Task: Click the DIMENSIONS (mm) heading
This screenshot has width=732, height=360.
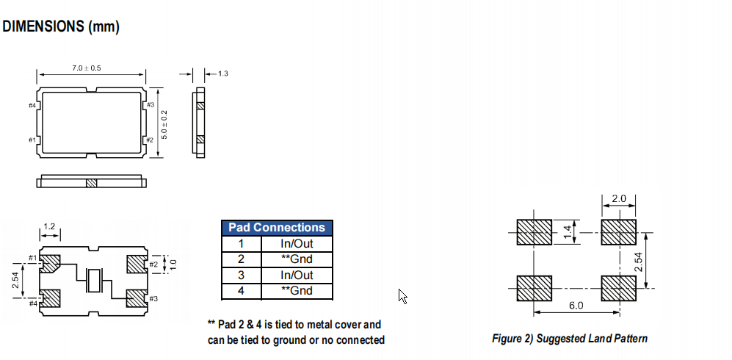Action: tap(61, 26)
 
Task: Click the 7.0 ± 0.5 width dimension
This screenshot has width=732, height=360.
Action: tap(87, 68)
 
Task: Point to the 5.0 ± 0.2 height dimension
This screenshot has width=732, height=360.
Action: tap(164, 125)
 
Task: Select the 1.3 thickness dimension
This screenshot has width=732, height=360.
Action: tap(223, 73)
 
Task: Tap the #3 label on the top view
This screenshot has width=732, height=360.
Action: tap(151, 104)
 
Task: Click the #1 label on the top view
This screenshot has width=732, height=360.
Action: tap(32, 140)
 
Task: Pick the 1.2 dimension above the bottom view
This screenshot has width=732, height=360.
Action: tap(49, 226)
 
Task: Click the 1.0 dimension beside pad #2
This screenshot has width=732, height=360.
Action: tap(173, 264)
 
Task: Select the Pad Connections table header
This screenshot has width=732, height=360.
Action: tap(277, 228)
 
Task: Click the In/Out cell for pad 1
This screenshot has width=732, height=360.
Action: tap(297, 243)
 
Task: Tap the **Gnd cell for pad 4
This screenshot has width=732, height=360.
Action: tap(297, 290)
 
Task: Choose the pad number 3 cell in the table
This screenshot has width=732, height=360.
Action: tap(242, 275)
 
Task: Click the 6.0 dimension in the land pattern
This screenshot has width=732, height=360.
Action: tap(576, 306)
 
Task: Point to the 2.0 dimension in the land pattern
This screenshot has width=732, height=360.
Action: tap(618, 198)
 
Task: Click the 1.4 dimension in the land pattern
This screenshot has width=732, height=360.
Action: tap(568, 232)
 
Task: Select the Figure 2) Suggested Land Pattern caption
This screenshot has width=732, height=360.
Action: tap(570, 338)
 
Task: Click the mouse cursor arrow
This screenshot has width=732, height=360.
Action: tap(403, 297)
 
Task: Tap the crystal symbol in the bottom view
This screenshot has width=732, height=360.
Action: tap(95, 281)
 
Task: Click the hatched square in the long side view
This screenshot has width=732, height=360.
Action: tap(92, 183)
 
